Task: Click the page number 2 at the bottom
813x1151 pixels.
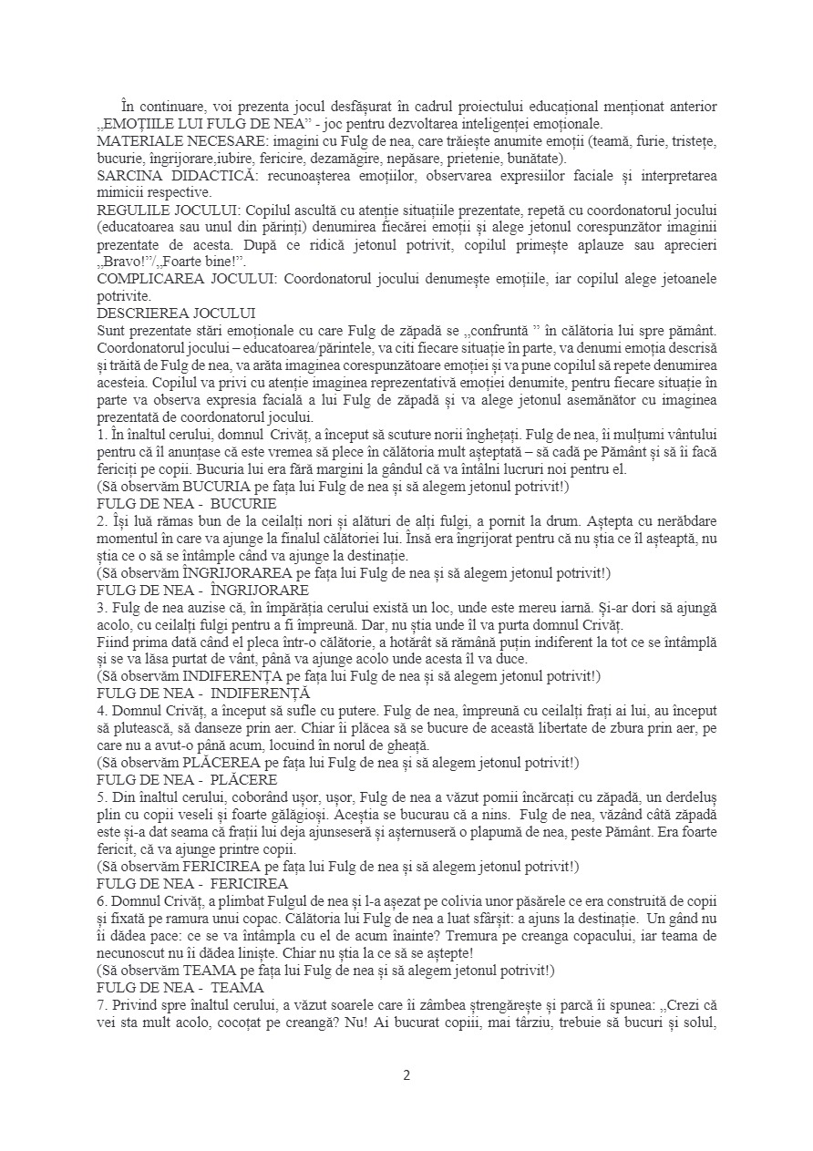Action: (406, 1074)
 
